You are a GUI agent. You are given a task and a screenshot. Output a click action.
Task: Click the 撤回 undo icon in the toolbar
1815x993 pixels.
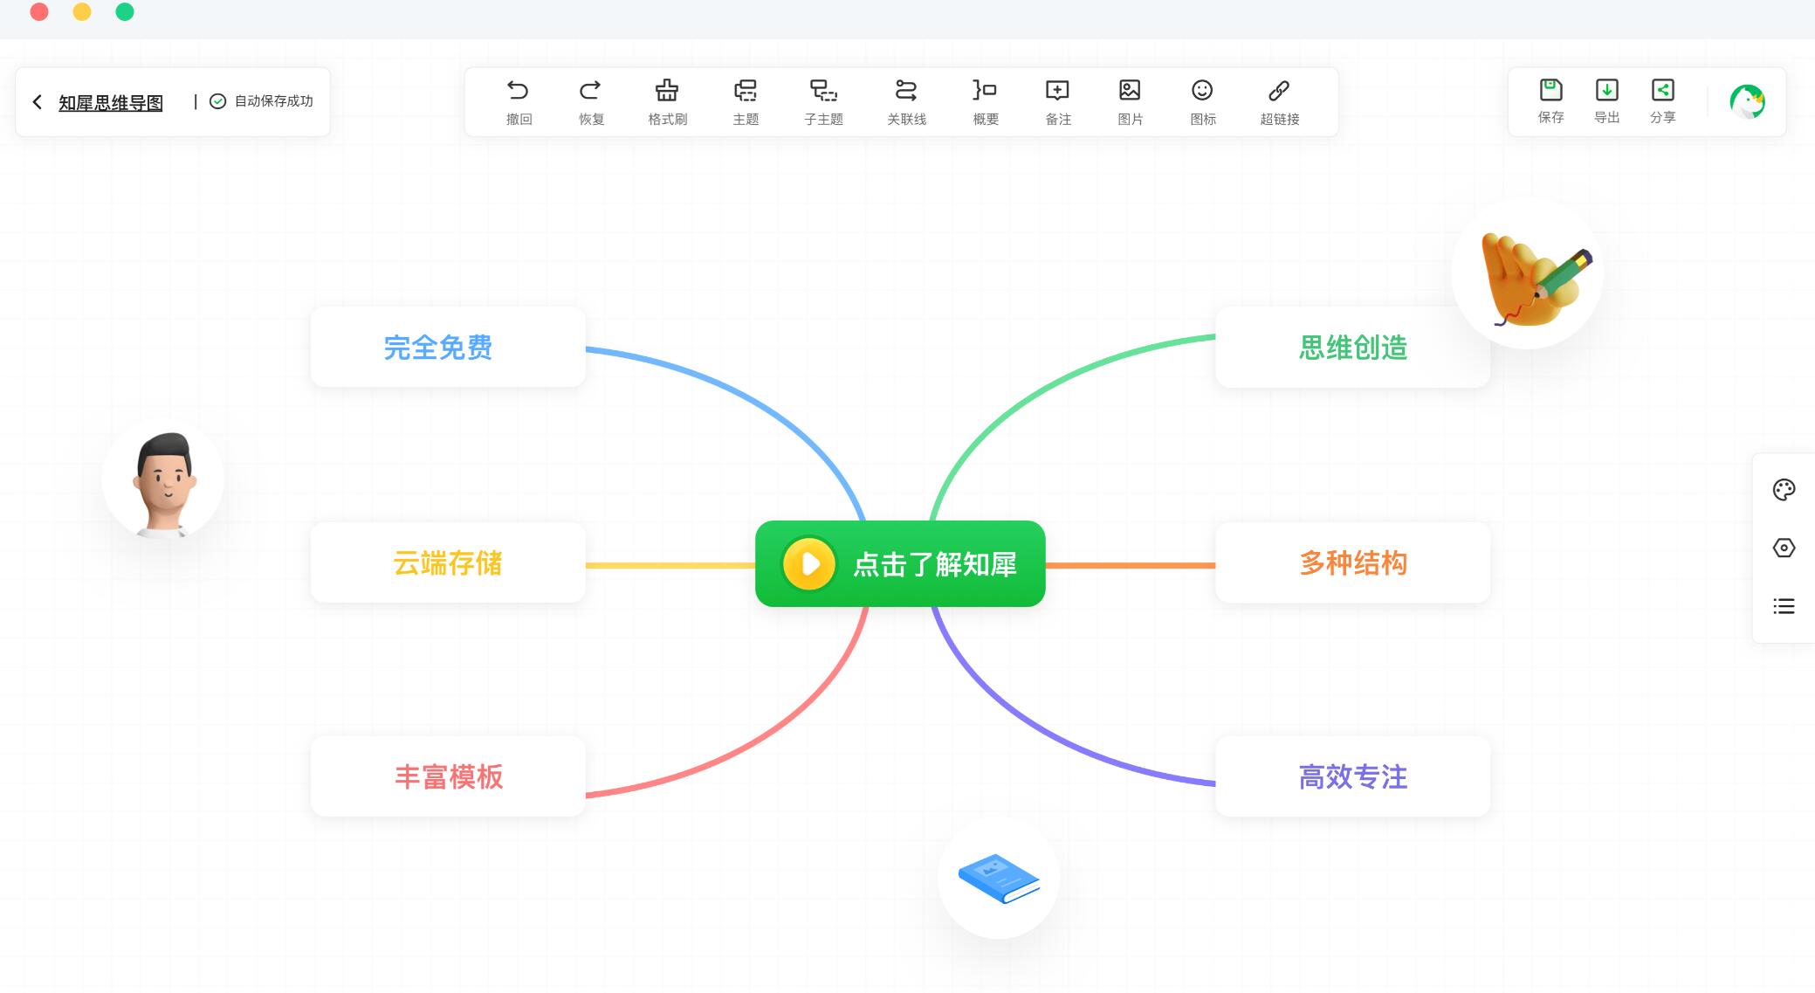click(x=518, y=90)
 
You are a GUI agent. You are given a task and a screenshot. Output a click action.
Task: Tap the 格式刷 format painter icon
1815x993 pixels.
click(x=667, y=90)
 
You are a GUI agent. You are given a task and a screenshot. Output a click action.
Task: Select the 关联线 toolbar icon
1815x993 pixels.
click(x=906, y=90)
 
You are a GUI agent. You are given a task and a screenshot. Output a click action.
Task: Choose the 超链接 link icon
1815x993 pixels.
click(x=1279, y=90)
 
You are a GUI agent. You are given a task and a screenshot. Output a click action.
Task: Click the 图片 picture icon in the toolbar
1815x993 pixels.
click(x=1130, y=90)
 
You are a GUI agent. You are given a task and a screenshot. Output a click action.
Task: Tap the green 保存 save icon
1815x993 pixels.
click(x=1550, y=90)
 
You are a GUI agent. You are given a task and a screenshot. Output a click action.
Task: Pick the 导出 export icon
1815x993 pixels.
click(x=1606, y=90)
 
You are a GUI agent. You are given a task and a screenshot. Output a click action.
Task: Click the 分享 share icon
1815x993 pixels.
click(x=1662, y=90)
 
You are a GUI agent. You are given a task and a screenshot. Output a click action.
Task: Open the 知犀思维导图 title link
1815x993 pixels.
click(x=111, y=103)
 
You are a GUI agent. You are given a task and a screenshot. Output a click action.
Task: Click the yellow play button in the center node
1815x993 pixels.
click(x=809, y=564)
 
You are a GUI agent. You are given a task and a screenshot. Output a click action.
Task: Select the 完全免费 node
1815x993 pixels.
click(x=448, y=348)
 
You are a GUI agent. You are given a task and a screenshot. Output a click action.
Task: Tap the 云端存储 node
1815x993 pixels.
click(x=448, y=563)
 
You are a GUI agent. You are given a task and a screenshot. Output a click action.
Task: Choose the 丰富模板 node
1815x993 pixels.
click(x=448, y=776)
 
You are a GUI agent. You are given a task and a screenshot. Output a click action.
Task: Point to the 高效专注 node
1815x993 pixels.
click(x=1352, y=776)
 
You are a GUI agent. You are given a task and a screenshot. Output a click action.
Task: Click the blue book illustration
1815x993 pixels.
click(x=999, y=878)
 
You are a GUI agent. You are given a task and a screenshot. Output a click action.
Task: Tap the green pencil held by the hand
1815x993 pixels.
click(x=1564, y=273)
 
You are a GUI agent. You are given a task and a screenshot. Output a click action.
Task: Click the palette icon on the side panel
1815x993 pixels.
click(x=1784, y=490)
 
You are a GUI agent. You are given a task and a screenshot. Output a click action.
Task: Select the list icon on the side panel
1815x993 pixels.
click(x=1784, y=606)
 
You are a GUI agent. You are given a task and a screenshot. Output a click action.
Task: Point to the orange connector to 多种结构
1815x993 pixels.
click(x=1130, y=565)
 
